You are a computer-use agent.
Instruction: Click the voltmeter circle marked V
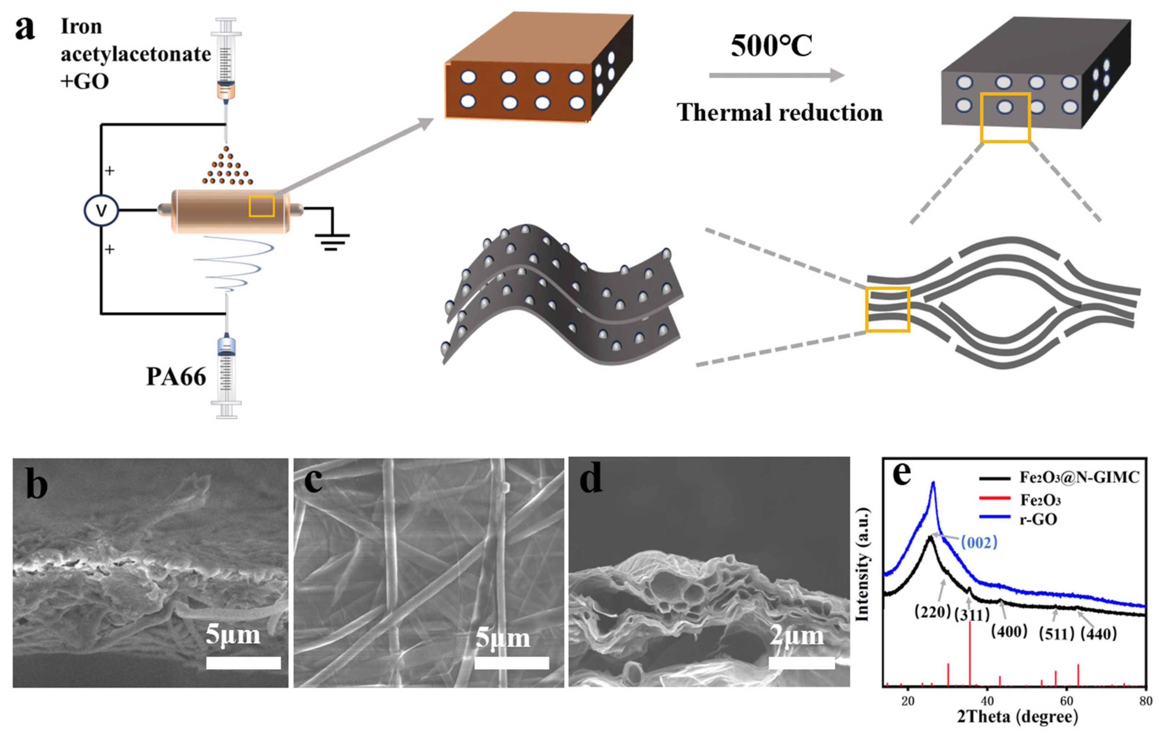(x=101, y=210)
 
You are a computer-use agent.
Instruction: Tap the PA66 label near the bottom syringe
(x=176, y=377)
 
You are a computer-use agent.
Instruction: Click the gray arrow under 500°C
(x=776, y=76)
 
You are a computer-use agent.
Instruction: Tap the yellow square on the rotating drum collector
(x=262, y=206)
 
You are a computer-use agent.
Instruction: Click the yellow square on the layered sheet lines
(x=888, y=309)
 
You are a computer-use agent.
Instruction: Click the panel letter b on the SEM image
(x=37, y=484)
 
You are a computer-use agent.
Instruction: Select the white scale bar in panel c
(x=512, y=663)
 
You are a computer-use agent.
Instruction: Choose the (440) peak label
(x=1098, y=634)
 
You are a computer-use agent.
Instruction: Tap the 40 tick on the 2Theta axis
(x=987, y=701)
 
